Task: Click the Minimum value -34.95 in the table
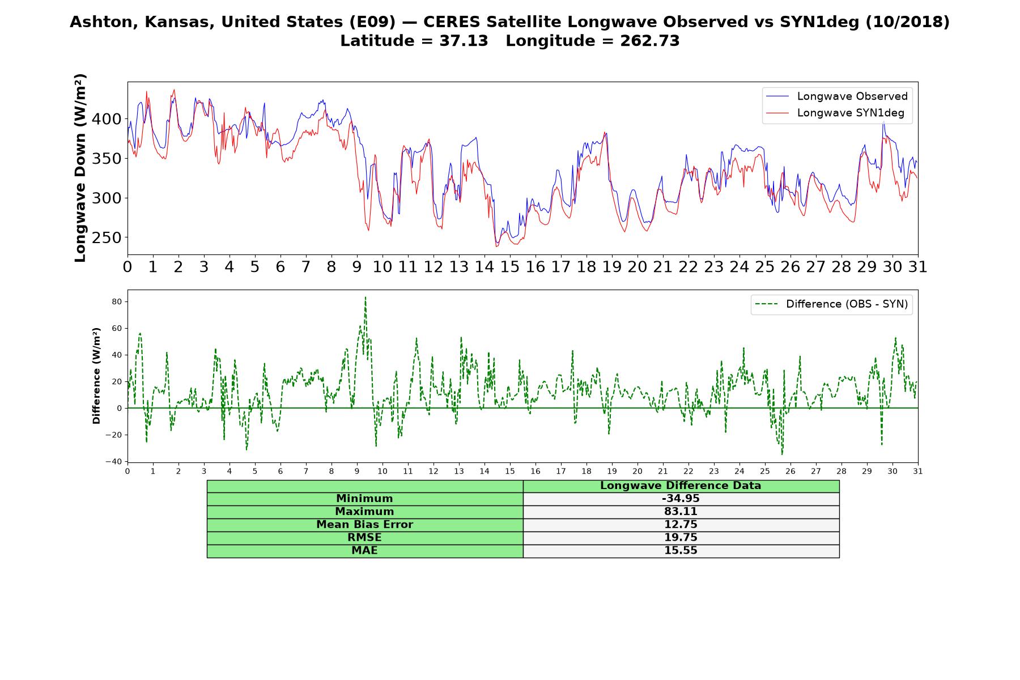click(x=681, y=499)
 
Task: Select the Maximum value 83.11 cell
click(x=681, y=512)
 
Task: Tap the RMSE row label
click(x=364, y=538)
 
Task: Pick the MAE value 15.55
click(x=681, y=551)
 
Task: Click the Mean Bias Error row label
click(x=364, y=525)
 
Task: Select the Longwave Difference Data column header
click(x=681, y=486)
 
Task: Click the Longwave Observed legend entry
click(x=837, y=96)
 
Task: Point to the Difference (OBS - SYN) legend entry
click(x=831, y=304)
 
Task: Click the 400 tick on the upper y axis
click(x=107, y=119)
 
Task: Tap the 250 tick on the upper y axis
click(x=107, y=238)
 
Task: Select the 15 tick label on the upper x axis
click(x=509, y=267)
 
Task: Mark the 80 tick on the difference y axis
click(x=117, y=301)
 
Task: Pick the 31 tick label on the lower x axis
click(x=917, y=471)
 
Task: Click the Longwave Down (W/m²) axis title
click(x=80, y=168)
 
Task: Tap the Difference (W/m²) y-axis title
click(x=96, y=376)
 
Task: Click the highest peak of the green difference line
click(x=365, y=297)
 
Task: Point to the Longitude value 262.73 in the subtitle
click(x=644, y=41)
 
